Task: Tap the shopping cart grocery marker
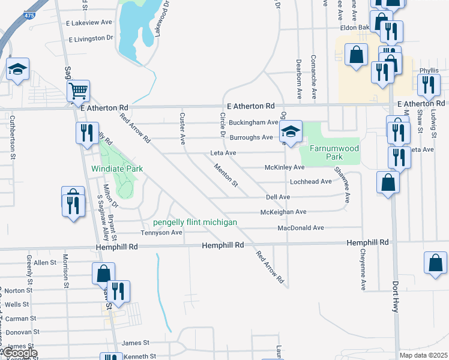(79, 92)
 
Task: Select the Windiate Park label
(118, 169)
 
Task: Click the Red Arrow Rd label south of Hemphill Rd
(269, 267)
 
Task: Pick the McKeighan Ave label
(283, 212)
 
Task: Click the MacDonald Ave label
(301, 228)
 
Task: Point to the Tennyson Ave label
(161, 233)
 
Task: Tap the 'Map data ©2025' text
(423, 355)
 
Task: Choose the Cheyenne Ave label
(363, 271)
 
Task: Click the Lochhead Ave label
(310, 181)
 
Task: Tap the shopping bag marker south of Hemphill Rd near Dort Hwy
(435, 263)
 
